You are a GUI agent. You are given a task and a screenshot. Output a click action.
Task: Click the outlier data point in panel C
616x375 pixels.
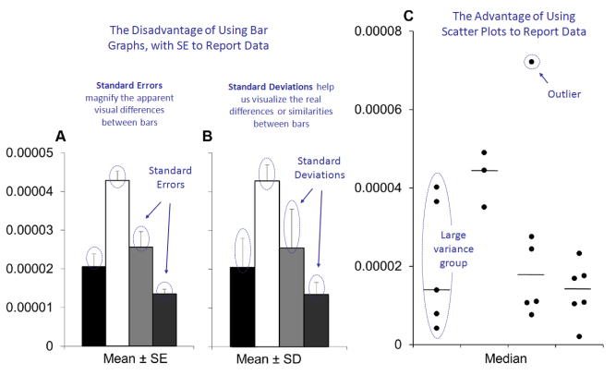pos(531,62)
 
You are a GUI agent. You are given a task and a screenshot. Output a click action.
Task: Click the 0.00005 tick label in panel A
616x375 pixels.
pos(30,153)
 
